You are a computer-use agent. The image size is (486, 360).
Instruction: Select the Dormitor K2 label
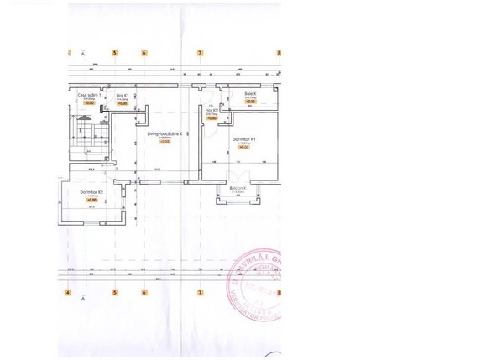click(92, 192)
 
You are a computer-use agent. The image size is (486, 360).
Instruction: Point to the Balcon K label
click(238, 187)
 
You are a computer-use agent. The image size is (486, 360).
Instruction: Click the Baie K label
click(249, 93)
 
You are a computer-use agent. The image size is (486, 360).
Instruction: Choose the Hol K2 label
click(212, 110)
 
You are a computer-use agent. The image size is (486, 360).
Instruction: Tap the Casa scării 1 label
click(89, 96)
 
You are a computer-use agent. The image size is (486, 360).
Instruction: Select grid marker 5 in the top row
click(116, 53)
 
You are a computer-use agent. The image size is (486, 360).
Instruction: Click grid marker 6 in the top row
click(144, 53)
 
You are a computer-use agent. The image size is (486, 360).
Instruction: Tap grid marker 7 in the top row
click(200, 53)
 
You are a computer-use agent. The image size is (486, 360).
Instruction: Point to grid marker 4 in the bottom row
click(66, 293)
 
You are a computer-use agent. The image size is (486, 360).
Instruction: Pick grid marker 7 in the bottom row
click(200, 293)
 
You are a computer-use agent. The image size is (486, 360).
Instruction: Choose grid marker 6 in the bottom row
click(144, 293)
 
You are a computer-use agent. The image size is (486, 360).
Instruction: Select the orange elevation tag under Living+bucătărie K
click(165, 142)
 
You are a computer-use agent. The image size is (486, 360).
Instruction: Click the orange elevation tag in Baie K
click(249, 102)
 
